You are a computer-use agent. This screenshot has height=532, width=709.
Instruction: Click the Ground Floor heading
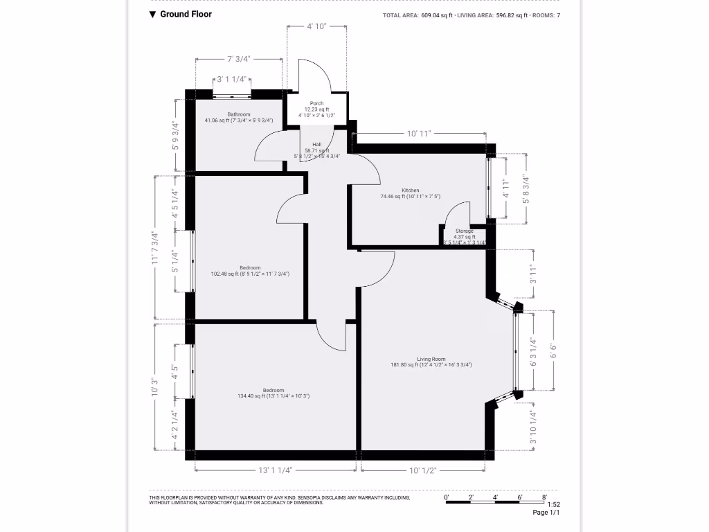coord(186,14)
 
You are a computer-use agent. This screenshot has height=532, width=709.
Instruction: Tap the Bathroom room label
coord(239,114)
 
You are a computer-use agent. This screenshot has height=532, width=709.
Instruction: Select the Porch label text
coord(316,104)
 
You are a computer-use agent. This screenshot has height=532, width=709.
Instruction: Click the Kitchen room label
coord(411,190)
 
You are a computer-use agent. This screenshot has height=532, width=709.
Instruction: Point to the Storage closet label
coord(465,231)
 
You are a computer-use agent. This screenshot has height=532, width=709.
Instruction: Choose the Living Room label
coord(431,360)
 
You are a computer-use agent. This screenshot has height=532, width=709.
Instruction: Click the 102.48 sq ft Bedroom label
coord(250,268)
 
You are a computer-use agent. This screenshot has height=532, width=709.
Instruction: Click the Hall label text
coord(316,145)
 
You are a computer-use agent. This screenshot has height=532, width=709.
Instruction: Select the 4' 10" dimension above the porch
coord(316,26)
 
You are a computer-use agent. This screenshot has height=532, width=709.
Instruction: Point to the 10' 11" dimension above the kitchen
coord(420,133)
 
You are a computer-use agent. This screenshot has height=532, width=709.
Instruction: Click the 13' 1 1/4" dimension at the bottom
coord(276,470)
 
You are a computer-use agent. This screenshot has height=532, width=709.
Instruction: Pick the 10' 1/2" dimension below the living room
coord(422,470)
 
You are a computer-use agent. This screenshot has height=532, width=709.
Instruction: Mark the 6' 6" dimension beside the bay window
coord(553,351)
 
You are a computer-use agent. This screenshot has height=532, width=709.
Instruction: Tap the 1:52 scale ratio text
coord(553,505)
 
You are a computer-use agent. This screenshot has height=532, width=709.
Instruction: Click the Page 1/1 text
coord(546,513)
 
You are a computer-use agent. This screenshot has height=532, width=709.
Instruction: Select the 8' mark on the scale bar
coord(544,497)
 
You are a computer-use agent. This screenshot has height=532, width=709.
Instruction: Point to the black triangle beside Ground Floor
coord(153,14)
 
